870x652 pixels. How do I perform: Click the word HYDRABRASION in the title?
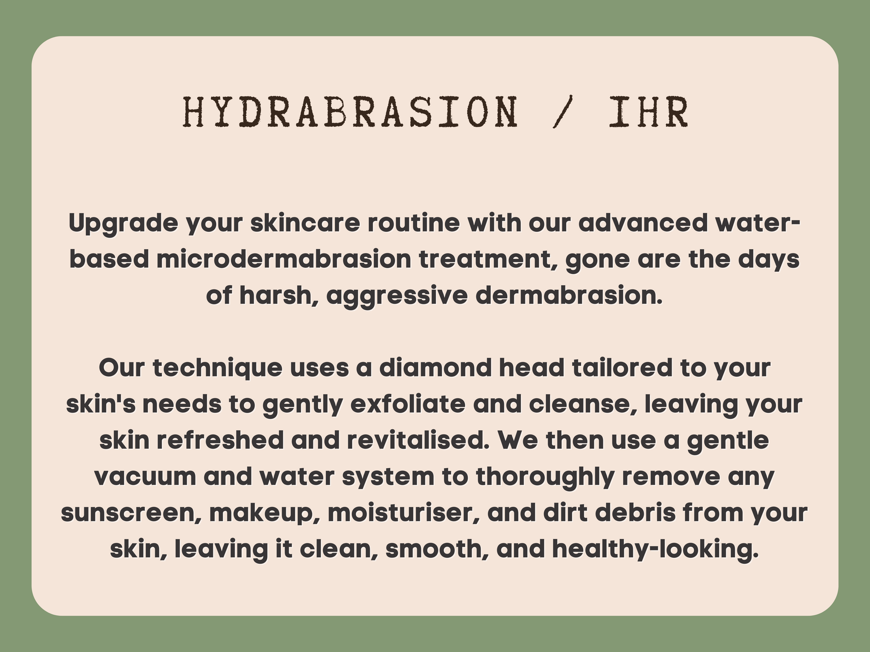pyautogui.click(x=350, y=112)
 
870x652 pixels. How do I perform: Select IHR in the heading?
pyautogui.click(x=648, y=112)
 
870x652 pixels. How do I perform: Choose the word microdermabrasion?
pyautogui.click(x=284, y=260)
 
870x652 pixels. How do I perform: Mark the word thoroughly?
pyautogui.click(x=545, y=478)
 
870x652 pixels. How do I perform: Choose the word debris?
pyautogui.click(x=636, y=513)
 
